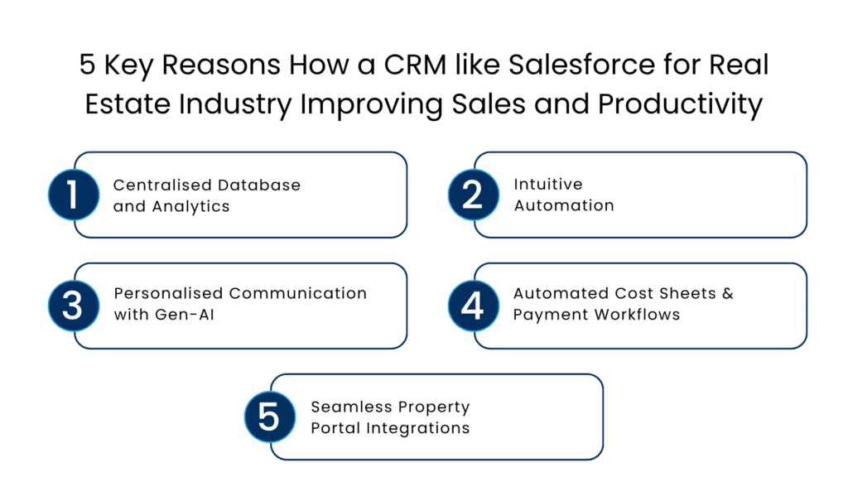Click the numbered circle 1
(74, 195)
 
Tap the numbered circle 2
(473, 195)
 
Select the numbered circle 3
(74, 306)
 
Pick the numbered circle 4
(473, 306)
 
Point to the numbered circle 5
(270, 417)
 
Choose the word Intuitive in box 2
(548, 185)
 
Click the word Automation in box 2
(564, 206)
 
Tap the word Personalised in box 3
(168, 293)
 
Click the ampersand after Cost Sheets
(727, 293)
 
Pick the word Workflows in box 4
(640, 316)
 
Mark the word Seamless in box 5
(344, 407)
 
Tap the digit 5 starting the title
(87, 65)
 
